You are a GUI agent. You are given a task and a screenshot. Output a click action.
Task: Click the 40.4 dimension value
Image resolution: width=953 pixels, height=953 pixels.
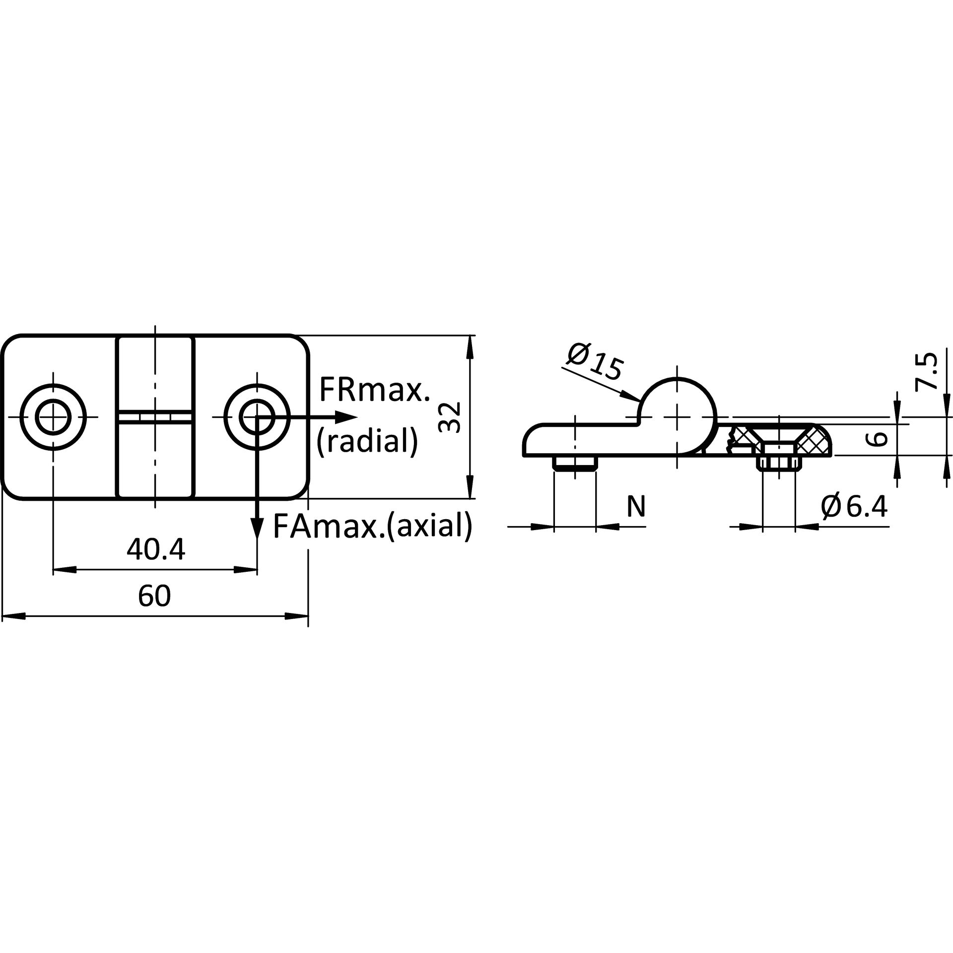[156, 550]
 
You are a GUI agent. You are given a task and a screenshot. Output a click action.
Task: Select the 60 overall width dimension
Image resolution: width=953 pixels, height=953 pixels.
[154, 596]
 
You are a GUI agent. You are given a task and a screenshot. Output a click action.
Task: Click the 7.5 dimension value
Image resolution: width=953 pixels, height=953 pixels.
[926, 370]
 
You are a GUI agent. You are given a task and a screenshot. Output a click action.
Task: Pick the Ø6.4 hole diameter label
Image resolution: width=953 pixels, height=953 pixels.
[854, 506]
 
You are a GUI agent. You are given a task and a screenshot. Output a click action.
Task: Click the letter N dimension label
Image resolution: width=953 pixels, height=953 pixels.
[636, 506]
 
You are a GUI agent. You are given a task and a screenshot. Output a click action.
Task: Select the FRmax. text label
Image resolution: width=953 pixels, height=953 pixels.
[374, 390]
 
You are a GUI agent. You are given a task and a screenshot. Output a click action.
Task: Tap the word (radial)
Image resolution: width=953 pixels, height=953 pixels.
[367, 440]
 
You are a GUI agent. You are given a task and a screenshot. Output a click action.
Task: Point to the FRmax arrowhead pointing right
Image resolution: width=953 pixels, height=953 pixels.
[346, 417]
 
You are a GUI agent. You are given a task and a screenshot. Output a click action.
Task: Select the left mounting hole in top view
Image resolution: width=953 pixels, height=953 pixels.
[53, 417]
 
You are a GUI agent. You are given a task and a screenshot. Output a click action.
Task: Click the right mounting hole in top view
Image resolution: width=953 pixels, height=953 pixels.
[257, 417]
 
